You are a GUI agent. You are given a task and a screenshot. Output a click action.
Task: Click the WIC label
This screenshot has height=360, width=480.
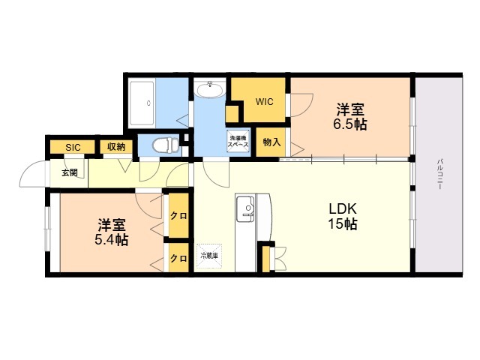click(264, 102)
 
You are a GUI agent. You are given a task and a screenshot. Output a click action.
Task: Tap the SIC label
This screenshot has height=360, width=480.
click(73, 147)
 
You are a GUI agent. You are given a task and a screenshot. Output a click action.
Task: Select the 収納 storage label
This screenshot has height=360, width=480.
click(115, 147)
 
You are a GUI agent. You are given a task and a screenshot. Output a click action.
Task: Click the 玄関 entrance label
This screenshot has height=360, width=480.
click(70, 172)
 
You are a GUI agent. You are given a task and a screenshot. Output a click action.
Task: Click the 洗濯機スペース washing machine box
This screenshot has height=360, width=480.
click(238, 141)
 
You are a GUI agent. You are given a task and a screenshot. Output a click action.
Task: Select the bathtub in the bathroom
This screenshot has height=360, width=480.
click(150, 103)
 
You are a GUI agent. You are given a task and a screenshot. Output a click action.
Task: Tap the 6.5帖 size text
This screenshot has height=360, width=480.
click(349, 124)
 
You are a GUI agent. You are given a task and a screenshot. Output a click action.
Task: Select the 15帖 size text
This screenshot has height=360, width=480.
click(341, 225)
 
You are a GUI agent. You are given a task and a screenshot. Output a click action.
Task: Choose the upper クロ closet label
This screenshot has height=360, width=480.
click(178, 216)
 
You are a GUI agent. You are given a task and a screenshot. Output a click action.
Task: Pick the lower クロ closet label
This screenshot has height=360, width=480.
click(178, 259)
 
